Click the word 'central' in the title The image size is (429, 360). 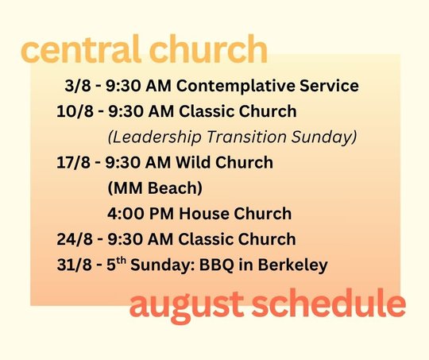(x=81, y=48)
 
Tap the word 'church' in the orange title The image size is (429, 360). (x=208, y=48)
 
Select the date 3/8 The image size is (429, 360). (x=77, y=86)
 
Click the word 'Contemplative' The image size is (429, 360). (x=235, y=86)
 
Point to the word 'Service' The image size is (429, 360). (x=329, y=86)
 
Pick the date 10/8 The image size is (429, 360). (x=75, y=111)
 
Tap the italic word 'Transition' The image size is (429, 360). (x=246, y=137)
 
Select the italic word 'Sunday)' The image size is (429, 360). (x=324, y=137)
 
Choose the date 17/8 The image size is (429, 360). (x=73, y=162)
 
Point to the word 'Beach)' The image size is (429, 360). (x=175, y=188)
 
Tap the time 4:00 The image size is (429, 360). (x=126, y=214)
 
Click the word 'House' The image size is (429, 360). (x=204, y=214)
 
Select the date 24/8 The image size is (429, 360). (x=75, y=239)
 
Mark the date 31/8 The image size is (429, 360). (x=74, y=265)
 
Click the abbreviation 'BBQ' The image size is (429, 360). (x=216, y=265)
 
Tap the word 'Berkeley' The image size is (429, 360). (x=292, y=265)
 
